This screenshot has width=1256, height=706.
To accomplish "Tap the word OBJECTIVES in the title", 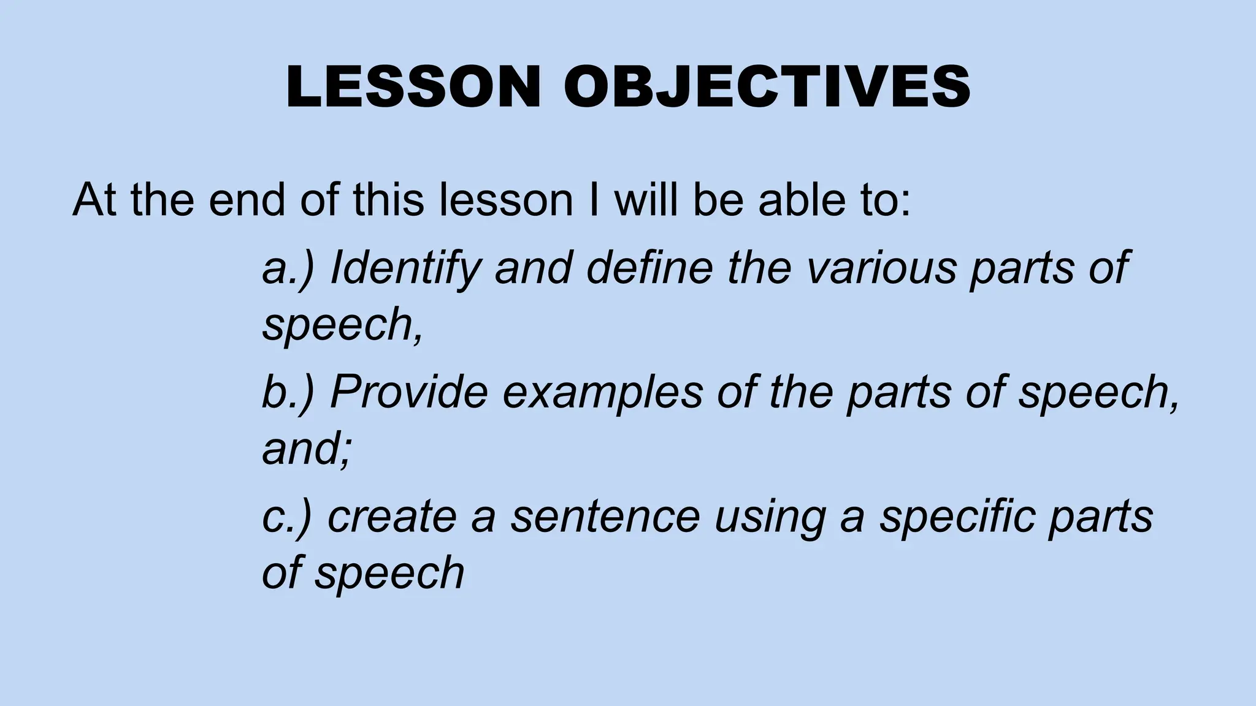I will coord(767,87).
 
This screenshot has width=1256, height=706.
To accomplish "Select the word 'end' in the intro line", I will coord(247,200).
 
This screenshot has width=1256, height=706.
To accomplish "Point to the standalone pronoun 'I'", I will coord(593,200).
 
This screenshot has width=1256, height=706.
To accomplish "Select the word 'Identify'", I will coord(405,268).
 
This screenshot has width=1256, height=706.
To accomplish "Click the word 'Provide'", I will coord(409,392).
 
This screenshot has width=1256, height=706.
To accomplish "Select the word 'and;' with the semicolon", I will coord(307,449).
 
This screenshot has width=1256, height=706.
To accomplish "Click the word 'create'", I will coord(392,517).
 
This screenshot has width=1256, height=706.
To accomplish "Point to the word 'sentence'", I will coord(605,517).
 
